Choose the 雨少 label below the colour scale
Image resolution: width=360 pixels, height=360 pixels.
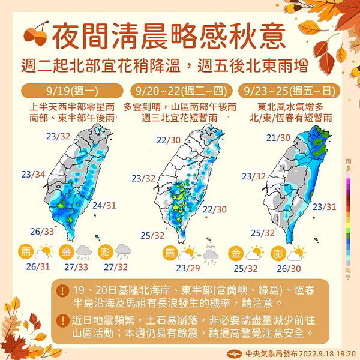(x=349, y=271)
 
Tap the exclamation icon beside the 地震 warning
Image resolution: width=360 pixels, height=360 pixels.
(x=62, y=319)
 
